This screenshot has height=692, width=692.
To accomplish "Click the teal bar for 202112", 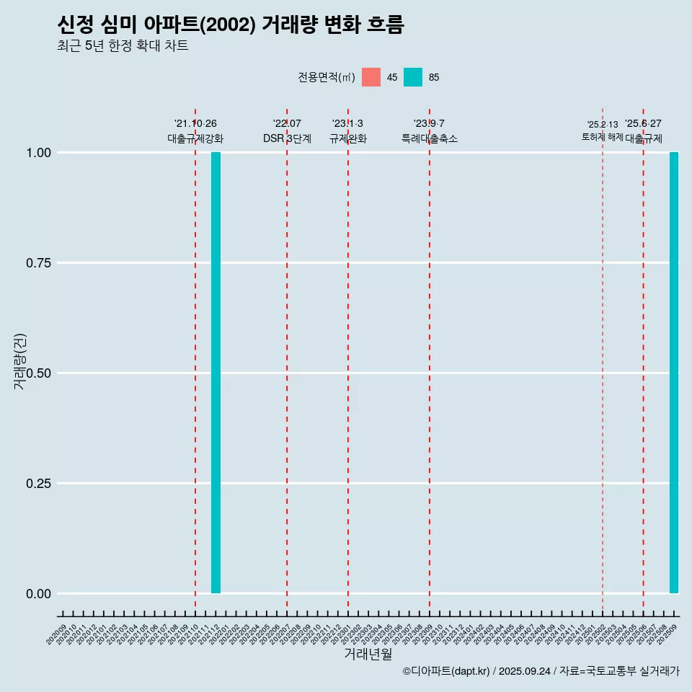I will point(216,373).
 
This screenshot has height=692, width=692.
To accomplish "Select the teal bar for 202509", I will point(674,373).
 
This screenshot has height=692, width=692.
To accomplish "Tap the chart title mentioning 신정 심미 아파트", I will point(231,25).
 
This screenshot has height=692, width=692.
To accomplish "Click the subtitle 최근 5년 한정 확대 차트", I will point(123,46).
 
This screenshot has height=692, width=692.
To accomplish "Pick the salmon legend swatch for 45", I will point(371,77).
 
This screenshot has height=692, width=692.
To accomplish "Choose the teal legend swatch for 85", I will point(413,77).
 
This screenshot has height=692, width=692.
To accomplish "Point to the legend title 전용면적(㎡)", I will point(327,77).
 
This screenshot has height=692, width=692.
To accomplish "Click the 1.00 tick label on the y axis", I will point(39,153).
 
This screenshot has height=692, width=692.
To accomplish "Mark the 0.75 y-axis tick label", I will point(39,263).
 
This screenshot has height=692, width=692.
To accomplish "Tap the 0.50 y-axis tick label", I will point(39,373).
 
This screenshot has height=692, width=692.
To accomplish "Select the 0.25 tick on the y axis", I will point(39,484).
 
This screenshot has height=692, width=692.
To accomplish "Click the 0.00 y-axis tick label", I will point(39,594).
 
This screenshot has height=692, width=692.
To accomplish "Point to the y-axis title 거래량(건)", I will point(19,360).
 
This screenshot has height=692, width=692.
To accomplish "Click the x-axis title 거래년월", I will point(368,654).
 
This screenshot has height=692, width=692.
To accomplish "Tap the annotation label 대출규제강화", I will point(195,138).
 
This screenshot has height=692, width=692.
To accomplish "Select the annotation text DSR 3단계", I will point(287,138).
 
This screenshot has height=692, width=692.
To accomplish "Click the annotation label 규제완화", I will point(348,138).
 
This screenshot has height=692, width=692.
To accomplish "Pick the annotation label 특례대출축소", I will point(430,138).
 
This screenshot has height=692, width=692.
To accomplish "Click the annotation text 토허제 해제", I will point(603,137).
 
